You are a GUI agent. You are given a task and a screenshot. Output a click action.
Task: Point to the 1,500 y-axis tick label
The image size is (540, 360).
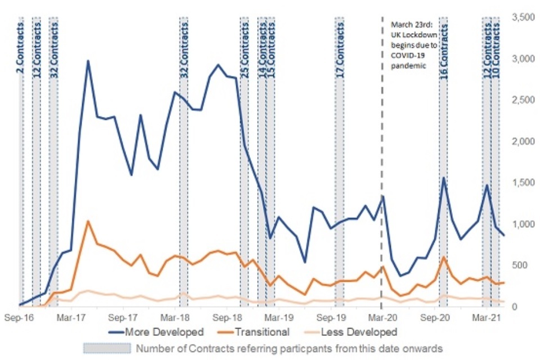(x=521, y=183)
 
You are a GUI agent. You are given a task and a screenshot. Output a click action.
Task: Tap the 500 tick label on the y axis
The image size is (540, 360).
(x=526, y=265)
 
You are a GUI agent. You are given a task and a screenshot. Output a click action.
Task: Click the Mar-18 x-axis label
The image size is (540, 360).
(x=178, y=317)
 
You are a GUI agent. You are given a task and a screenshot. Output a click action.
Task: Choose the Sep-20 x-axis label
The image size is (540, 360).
(x=435, y=317)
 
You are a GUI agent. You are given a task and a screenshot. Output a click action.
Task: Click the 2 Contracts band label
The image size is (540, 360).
(x=21, y=42)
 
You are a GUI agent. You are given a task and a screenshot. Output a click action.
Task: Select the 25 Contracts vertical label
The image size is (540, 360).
(x=245, y=48)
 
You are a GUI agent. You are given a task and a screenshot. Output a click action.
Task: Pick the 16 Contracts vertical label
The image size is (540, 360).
(x=444, y=48)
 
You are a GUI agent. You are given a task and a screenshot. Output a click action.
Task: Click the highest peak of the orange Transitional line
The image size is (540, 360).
(x=88, y=221)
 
